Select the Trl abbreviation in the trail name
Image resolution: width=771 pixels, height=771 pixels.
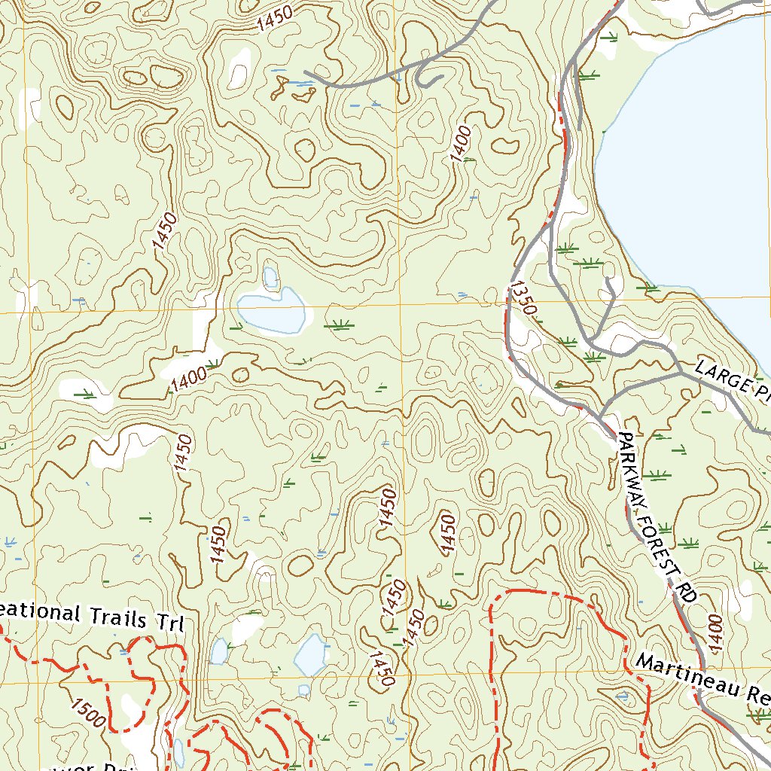click(x=172, y=624)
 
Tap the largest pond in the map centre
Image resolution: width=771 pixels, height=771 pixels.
click(x=271, y=310)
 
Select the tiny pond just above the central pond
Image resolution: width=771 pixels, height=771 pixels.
click(x=270, y=277)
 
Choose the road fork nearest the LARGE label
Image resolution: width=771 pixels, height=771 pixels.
click(x=680, y=370)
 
